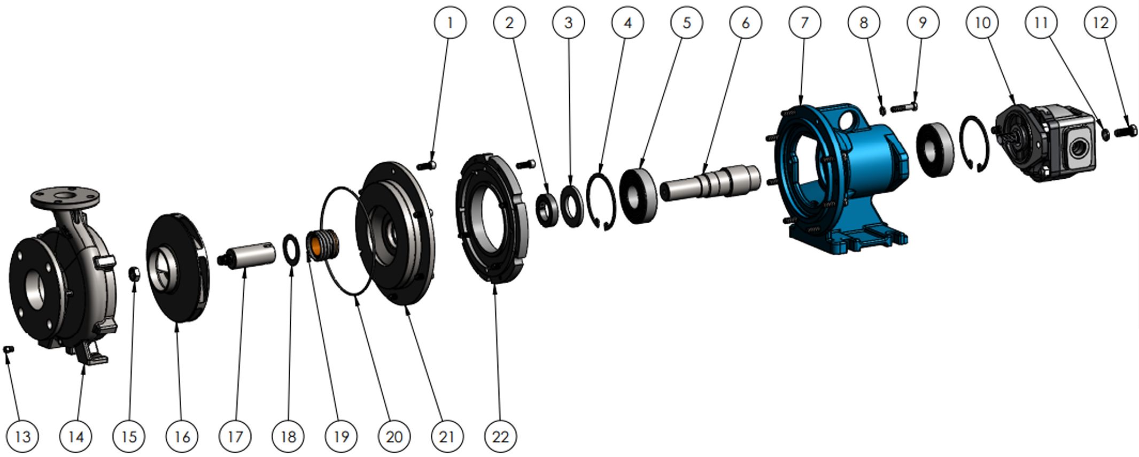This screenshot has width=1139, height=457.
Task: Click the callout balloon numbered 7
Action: point(804,22)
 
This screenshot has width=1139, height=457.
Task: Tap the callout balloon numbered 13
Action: point(23,437)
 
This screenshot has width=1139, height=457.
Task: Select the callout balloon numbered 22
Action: point(500,437)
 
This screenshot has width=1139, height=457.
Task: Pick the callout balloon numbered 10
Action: point(982,22)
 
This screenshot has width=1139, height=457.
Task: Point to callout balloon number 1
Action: point(450,22)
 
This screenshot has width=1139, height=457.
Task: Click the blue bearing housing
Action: point(839,177)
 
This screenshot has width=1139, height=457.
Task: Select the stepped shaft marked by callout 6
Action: point(710,182)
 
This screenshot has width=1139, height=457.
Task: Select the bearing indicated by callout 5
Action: point(639,195)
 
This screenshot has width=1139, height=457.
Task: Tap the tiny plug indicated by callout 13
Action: point(9,349)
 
